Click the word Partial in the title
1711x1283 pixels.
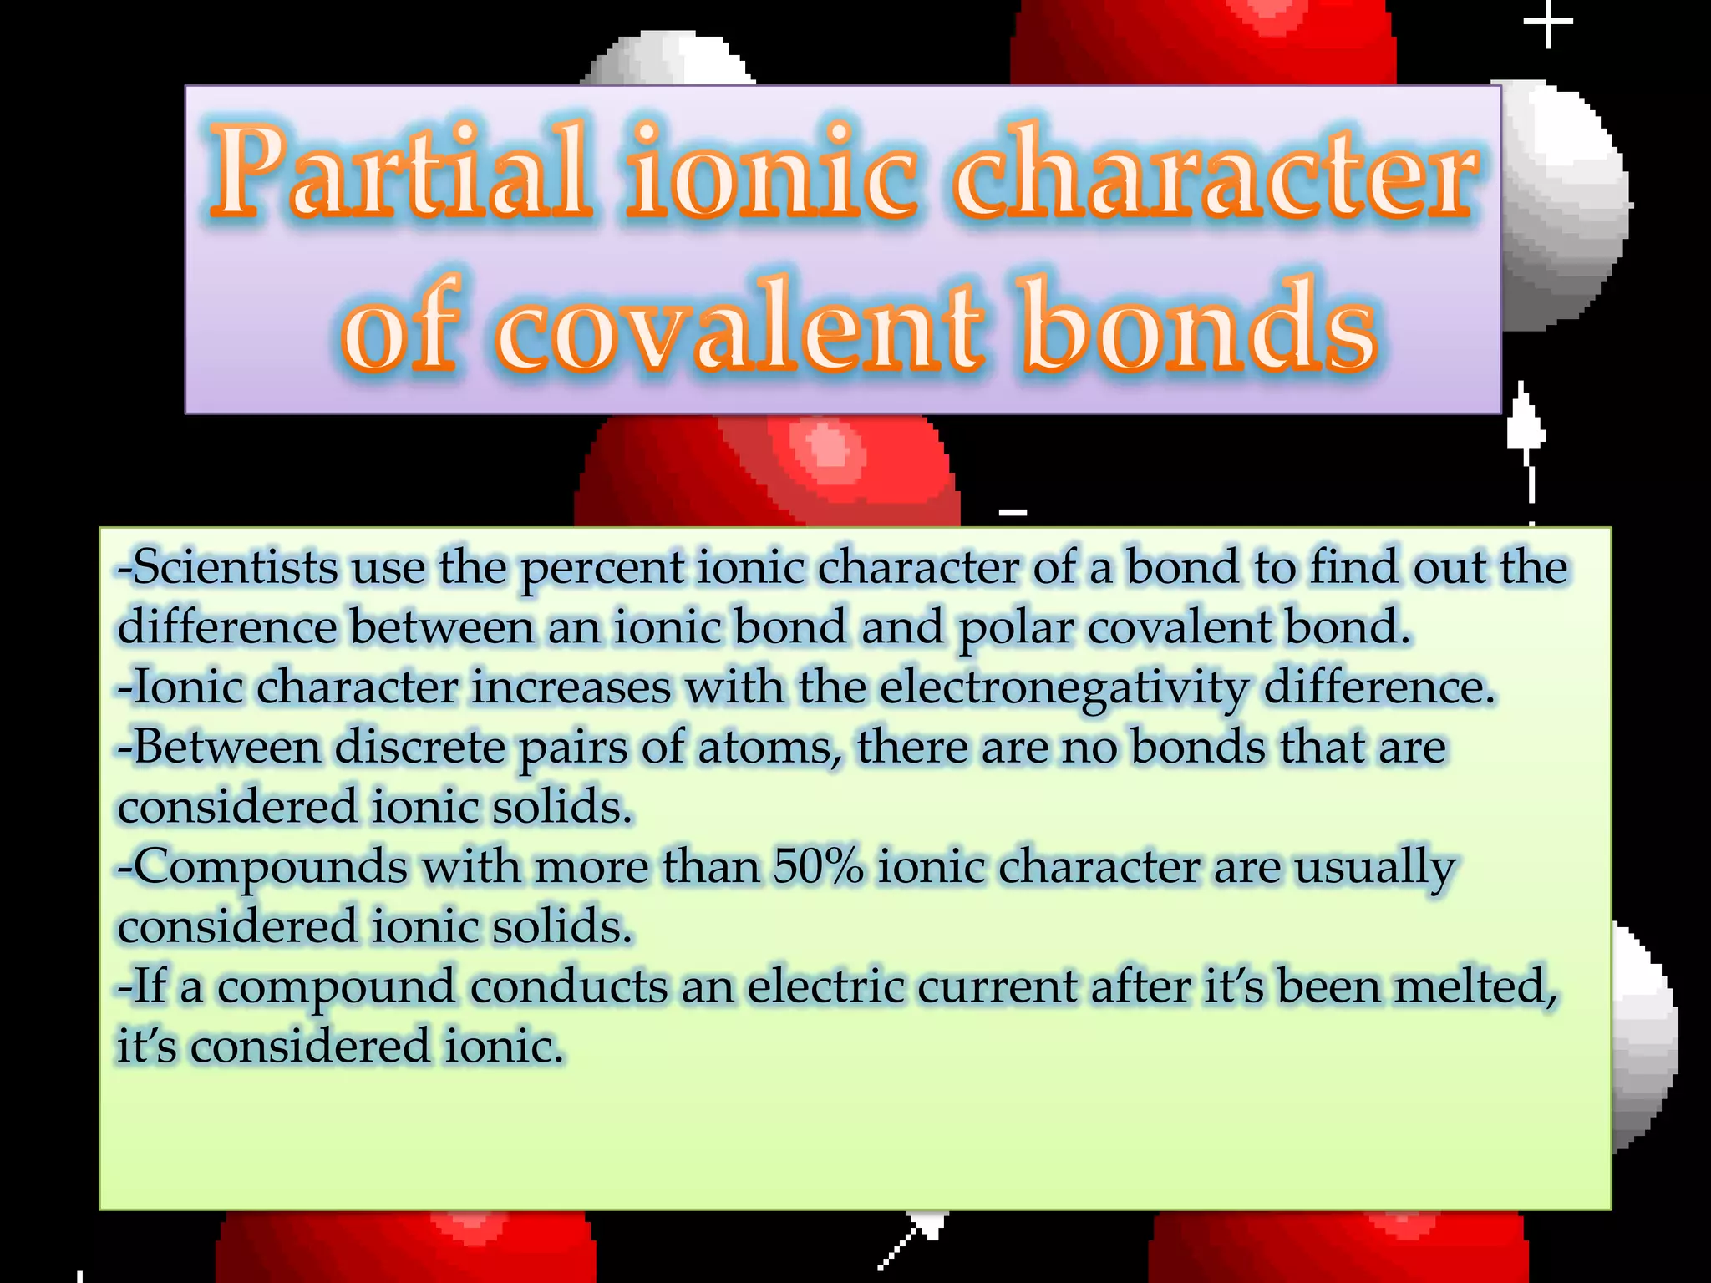pos(399,173)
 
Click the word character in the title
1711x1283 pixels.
pos(1216,173)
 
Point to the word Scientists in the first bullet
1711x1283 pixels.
pos(235,568)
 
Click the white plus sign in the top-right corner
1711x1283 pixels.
pos(1548,23)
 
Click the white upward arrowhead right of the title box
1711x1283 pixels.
pos(1526,422)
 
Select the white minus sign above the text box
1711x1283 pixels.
pos(1013,512)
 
